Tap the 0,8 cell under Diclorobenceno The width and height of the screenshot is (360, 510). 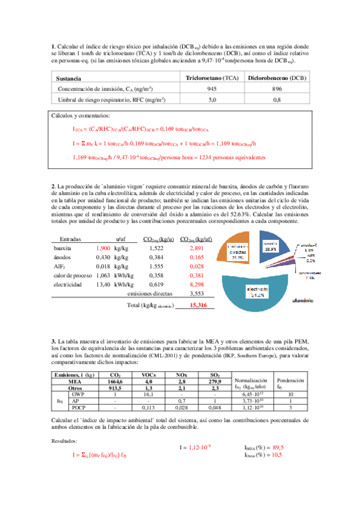point(277,100)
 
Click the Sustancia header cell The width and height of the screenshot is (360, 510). point(68,79)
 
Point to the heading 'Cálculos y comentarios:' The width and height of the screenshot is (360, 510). point(85,116)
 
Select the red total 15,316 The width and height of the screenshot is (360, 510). point(198,306)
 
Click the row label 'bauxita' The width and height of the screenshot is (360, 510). point(63,248)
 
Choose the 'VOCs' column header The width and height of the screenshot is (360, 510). point(150,374)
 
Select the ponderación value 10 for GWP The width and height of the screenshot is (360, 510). point(290,394)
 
